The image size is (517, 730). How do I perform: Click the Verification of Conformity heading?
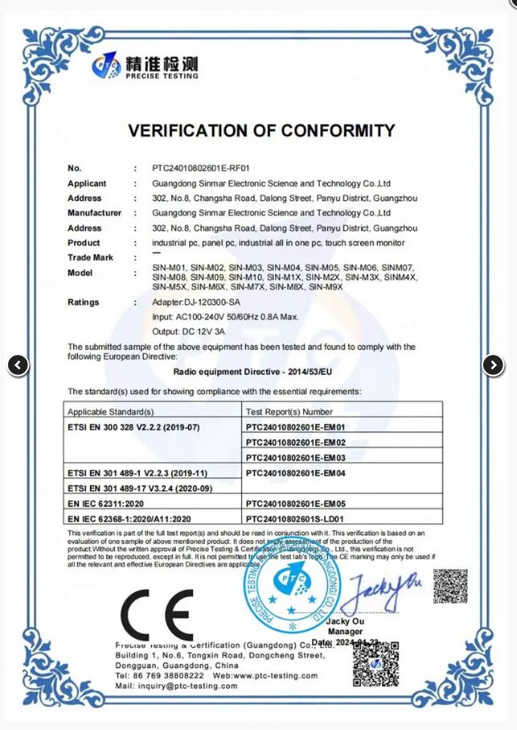(261, 131)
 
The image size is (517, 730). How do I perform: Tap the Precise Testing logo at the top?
(146, 66)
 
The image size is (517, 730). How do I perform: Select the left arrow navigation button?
(18, 365)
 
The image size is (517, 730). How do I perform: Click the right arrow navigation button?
(493, 365)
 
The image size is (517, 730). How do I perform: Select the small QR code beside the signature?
(449, 586)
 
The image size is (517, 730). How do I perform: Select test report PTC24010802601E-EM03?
(295, 457)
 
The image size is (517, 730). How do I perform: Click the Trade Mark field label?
(90, 258)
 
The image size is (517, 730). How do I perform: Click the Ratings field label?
(84, 303)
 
